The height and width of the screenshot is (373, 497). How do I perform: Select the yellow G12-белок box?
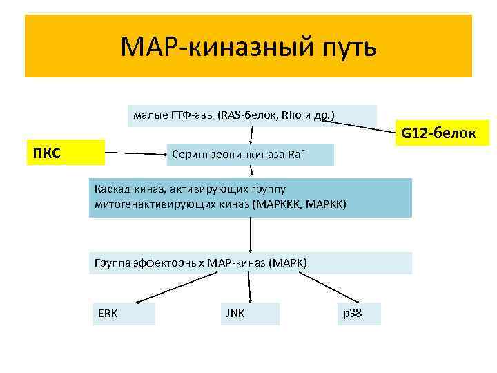point(441,133)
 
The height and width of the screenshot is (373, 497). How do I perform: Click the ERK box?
point(124,314)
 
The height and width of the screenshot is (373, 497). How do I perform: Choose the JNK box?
point(249,314)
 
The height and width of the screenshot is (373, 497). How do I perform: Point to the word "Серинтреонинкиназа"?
point(229,155)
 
